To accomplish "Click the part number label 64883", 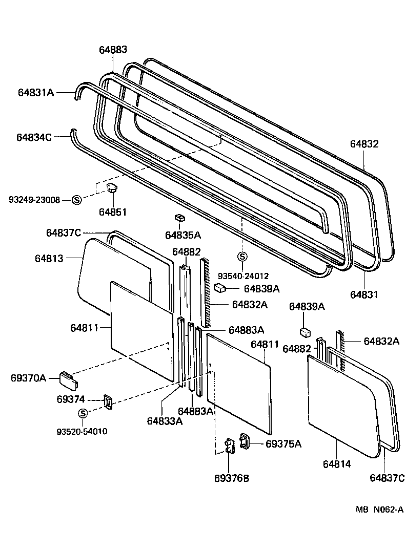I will point(113,50).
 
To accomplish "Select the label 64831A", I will point(35,93).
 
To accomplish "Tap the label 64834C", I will point(34,137).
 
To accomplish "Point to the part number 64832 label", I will point(364,144).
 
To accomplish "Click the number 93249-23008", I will point(34,200).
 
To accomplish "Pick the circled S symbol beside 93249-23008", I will point(76,200).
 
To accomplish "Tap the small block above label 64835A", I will point(179,218).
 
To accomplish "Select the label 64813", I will point(49,259).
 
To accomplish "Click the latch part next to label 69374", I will point(109,401).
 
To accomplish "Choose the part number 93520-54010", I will point(82,431).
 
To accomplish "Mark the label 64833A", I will point(165,421).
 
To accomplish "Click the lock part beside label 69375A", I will point(245,441).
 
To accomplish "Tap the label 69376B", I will point(232,478).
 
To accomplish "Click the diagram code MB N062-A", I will point(380,510).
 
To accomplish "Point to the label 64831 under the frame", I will point(364,295).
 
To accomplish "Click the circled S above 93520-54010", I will point(83,414).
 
